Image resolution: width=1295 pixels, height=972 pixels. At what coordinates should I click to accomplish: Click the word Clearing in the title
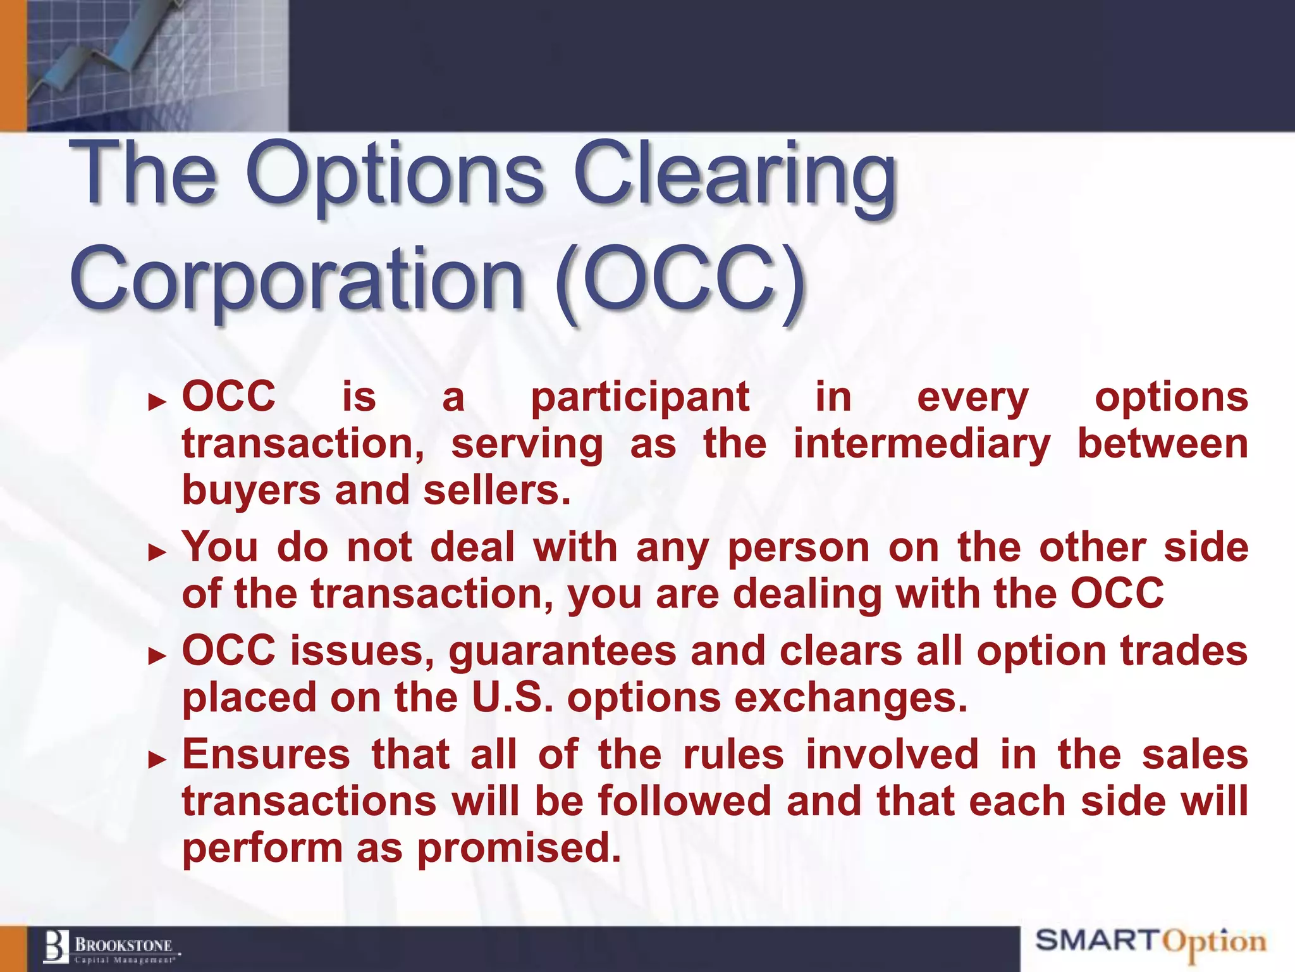click(733, 174)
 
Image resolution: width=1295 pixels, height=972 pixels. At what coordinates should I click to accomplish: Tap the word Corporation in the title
click(297, 278)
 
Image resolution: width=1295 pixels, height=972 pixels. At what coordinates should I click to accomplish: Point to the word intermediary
click(922, 444)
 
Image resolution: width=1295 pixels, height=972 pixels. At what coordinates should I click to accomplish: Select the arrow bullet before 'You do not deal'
click(157, 552)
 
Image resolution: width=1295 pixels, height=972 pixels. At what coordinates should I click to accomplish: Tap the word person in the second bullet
click(799, 548)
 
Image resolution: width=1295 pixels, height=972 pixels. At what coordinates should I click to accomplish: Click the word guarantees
click(562, 652)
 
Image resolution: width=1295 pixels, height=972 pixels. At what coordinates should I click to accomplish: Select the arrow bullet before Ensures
click(157, 759)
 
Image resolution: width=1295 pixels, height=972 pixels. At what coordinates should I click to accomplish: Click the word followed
click(685, 801)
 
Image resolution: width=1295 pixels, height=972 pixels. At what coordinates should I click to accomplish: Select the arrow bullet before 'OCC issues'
click(157, 656)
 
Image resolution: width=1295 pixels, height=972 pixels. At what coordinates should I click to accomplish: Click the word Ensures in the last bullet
click(266, 755)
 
